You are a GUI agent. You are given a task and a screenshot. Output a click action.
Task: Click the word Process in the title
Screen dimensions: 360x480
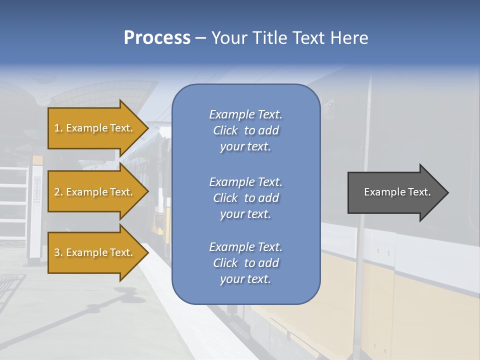[157, 38]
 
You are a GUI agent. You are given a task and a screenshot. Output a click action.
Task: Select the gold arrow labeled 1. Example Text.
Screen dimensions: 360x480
[95, 128]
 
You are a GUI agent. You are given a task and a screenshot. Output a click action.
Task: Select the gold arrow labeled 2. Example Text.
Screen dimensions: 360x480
[95, 192]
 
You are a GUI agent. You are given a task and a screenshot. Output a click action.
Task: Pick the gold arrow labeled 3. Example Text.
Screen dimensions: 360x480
[95, 252]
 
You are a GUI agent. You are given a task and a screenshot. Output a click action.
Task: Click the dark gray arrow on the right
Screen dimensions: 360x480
[395, 192]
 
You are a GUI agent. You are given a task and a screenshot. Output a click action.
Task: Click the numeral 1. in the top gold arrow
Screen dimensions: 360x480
[58, 128]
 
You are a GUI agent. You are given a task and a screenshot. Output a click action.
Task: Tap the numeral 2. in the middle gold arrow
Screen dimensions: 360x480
[58, 192]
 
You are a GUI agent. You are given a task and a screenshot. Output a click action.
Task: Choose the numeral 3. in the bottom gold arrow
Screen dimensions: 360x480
[58, 252]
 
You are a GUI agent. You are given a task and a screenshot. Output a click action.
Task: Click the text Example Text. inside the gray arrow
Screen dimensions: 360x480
[397, 192]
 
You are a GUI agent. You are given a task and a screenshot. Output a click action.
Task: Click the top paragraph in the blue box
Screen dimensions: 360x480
[245, 130]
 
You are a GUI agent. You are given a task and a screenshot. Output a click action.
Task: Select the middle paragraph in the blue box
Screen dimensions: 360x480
[245, 198]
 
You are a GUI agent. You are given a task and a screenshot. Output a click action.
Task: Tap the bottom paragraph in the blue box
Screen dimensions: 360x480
[245, 263]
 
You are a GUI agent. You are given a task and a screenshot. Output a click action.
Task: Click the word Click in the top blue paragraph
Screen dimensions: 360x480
[225, 130]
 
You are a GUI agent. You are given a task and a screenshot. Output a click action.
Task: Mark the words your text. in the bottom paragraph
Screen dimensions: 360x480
[245, 279]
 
